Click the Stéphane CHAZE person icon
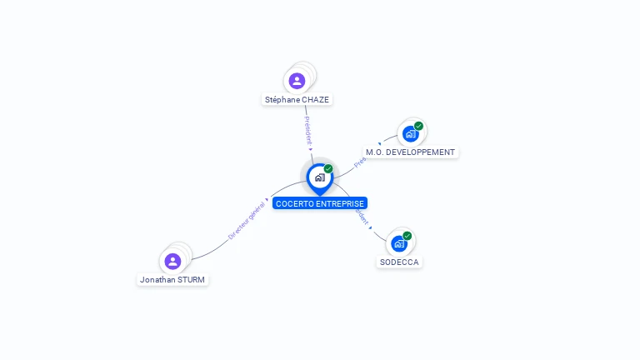[x=297, y=81]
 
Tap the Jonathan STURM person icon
[x=172, y=262]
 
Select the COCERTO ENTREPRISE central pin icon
[x=319, y=177]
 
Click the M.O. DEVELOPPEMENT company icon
[x=409, y=134]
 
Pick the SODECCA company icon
[x=398, y=244]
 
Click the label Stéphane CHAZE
[x=297, y=100]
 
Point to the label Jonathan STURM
[x=172, y=280]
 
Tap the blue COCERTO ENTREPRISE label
[x=320, y=203]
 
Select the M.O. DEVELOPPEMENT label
[x=410, y=152]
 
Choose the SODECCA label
[x=399, y=262]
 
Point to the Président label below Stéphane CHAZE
[x=307, y=130]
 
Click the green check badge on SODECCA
[x=407, y=236]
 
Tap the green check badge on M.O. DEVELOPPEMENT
[x=418, y=126]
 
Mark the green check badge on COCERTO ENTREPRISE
[x=328, y=168]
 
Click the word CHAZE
[x=315, y=100]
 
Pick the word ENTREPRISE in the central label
[x=341, y=203]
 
